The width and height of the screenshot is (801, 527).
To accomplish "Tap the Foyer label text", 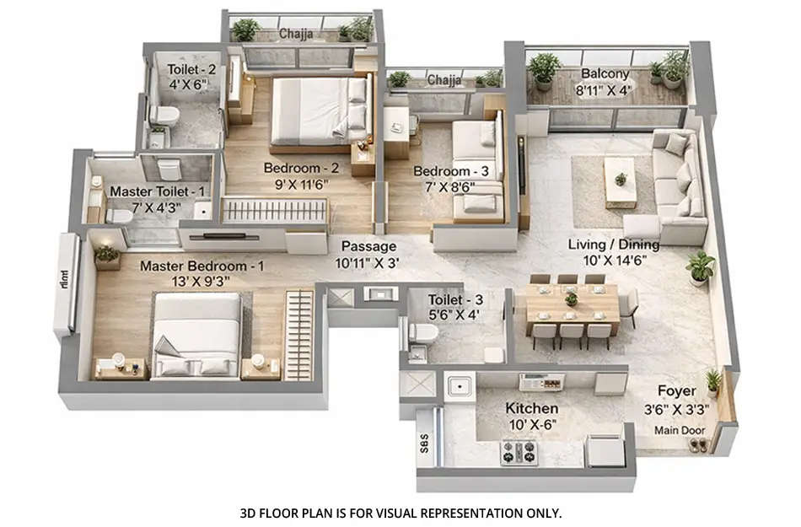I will [x=677, y=391].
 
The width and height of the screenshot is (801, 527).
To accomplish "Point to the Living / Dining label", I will [x=613, y=245].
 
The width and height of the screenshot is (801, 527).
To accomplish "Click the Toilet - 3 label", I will [x=454, y=298].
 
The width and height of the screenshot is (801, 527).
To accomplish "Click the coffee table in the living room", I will [x=621, y=178].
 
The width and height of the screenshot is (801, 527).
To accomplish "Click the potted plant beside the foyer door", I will [x=713, y=381].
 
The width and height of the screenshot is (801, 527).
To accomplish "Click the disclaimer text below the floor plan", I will [x=400, y=512].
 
